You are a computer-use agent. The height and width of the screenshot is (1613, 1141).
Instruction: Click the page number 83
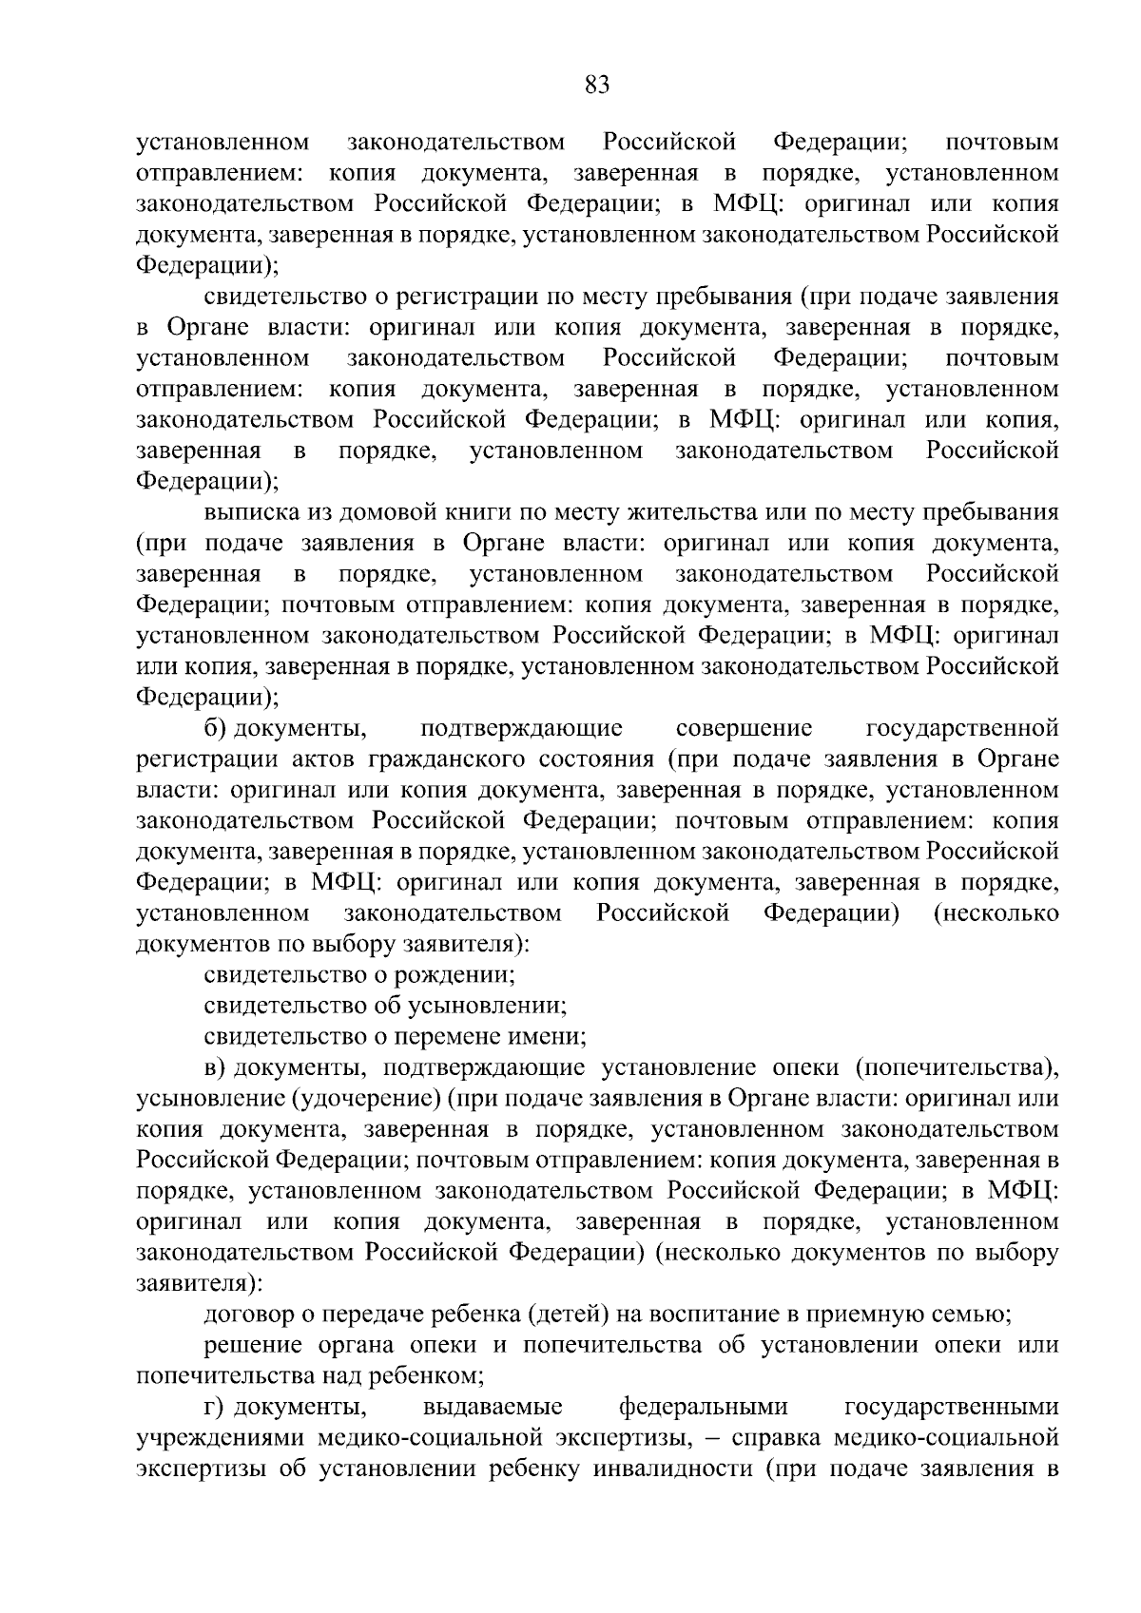(x=596, y=86)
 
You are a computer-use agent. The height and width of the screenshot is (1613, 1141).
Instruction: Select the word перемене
(x=460, y=1037)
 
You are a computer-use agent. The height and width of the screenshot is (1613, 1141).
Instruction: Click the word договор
(x=248, y=1315)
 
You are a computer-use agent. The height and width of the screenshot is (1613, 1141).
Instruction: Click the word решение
(x=250, y=1346)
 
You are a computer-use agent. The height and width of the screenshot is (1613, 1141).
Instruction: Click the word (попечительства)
(x=956, y=1068)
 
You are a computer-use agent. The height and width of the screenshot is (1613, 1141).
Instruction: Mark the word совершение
(x=744, y=729)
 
